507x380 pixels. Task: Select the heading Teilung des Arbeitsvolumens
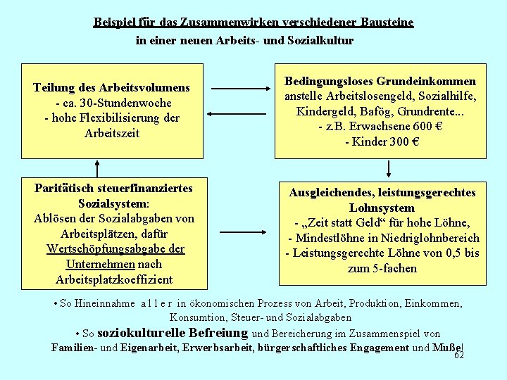pos(111,88)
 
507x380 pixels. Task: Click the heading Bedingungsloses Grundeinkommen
pos(380,82)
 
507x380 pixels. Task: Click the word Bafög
pos(375,112)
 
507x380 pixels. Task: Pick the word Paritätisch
pos(67,188)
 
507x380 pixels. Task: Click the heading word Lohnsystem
pos(381,208)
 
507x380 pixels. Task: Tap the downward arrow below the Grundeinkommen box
pos(389,169)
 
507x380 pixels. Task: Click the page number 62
pos(459,356)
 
